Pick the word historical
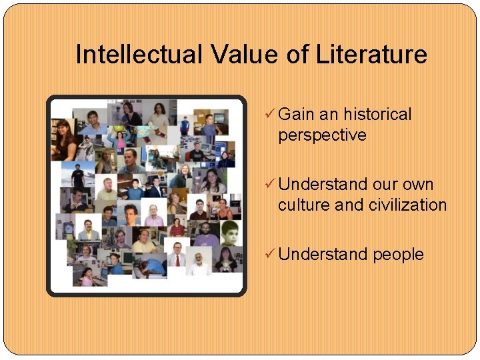(377, 115)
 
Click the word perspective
(322, 135)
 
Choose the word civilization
(407, 205)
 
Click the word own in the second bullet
(418, 185)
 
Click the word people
(398, 255)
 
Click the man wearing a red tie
(177, 256)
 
